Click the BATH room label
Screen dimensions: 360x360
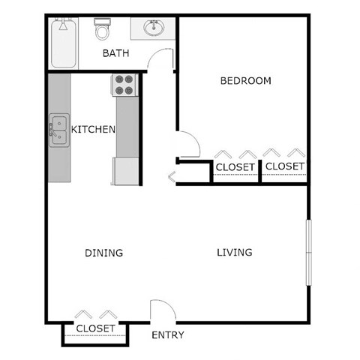point(115,53)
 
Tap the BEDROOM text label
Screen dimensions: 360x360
point(245,81)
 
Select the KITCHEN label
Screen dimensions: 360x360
point(93,130)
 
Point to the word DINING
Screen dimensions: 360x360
point(103,253)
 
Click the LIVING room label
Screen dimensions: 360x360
point(235,252)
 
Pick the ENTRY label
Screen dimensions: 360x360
point(168,335)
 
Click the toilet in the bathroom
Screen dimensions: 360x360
point(103,30)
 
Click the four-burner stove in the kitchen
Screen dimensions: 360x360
point(124,85)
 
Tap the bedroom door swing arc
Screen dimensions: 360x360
point(186,145)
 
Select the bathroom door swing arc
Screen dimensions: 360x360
point(161,59)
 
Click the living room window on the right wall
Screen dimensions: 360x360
point(307,252)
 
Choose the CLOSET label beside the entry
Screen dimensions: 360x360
point(96,328)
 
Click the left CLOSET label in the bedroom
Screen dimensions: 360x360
point(235,166)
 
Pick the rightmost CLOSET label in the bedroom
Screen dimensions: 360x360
point(285,166)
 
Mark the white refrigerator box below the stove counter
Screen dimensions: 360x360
point(126,170)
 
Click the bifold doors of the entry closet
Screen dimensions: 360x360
point(96,314)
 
